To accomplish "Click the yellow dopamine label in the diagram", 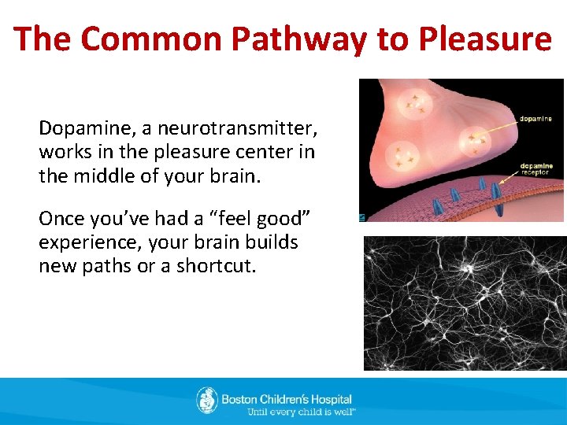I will coord(535,119).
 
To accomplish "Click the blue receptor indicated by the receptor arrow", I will coord(495,192).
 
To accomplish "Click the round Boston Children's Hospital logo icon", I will coord(207,400).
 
